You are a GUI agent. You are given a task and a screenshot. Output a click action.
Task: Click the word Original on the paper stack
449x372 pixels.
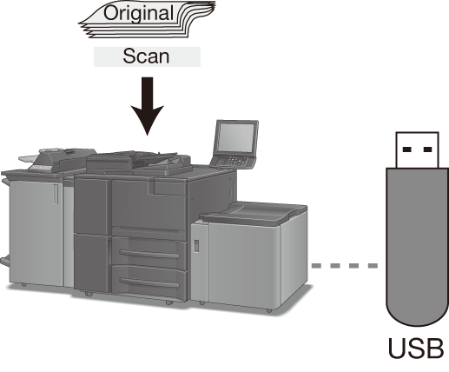coord(138,13)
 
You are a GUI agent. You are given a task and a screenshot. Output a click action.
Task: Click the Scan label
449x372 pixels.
coord(146,56)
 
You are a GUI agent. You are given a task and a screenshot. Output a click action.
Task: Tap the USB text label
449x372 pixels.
coord(416,348)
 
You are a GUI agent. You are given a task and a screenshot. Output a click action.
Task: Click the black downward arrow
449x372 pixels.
coord(148,106)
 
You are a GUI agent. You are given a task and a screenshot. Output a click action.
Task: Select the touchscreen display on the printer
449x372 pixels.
coord(235,137)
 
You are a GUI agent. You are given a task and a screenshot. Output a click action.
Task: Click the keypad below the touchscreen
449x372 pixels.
coord(233,161)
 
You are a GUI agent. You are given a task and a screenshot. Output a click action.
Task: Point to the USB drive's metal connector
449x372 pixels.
coord(417,149)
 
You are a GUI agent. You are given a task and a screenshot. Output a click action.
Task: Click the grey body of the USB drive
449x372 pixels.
coord(417,247)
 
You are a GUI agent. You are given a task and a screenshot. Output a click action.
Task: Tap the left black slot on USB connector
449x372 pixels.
coord(407,149)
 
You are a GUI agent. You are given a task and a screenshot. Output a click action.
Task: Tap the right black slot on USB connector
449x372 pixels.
coord(427,149)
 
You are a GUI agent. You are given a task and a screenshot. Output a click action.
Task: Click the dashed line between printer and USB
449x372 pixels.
coord(345,265)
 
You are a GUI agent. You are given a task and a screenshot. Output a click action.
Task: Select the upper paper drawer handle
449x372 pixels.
coord(149,254)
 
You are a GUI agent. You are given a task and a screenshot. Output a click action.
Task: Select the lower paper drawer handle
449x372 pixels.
coord(149,282)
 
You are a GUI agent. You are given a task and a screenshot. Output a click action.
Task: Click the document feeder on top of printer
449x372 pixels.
coord(139,163)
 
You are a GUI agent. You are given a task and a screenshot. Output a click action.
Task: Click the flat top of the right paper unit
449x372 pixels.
coord(254,213)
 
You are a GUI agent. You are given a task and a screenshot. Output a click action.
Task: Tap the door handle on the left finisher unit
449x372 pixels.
coord(56,194)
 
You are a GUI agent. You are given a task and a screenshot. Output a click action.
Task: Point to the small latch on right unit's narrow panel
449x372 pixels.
coord(196,246)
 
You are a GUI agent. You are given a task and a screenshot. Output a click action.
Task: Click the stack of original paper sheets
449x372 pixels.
coord(148,19)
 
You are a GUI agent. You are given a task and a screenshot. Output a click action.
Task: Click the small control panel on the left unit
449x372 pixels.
coord(40,168)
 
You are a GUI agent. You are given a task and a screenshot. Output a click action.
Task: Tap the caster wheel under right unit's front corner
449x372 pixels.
coord(269,310)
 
